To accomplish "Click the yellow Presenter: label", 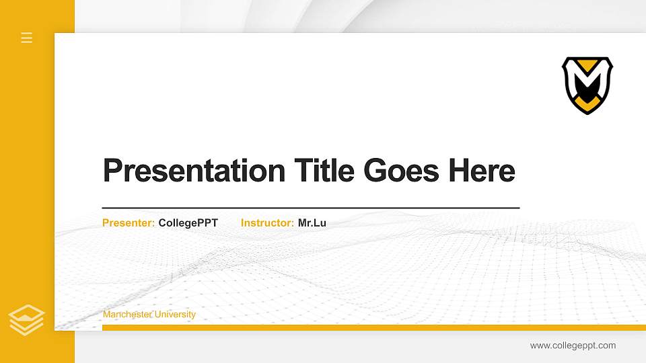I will [129, 223].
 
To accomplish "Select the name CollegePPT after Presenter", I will [188, 223].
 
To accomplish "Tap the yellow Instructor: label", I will [267, 223].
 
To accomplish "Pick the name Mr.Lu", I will [312, 223].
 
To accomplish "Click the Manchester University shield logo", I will [587, 85].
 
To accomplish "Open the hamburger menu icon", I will [27, 38].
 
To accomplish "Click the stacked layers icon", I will [27, 320].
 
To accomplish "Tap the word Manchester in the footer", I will [127, 315].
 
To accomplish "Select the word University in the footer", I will [175, 315].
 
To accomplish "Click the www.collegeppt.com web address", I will [573, 346].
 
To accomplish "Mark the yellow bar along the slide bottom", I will [370, 328].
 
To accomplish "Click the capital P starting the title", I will [112, 171].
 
